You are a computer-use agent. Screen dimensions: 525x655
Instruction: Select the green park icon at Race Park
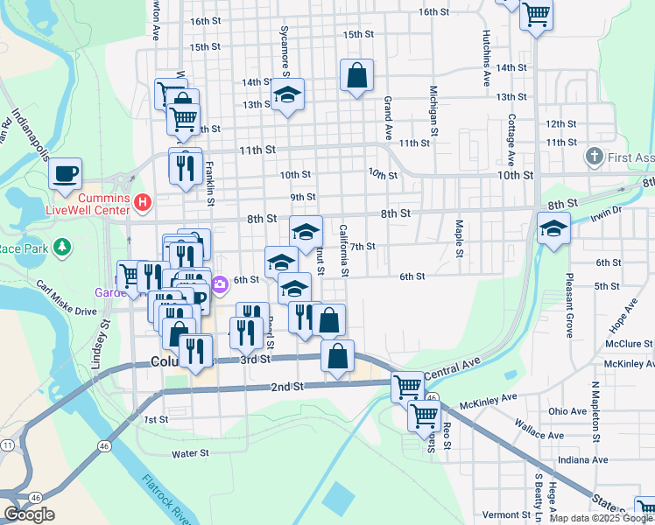point(62,249)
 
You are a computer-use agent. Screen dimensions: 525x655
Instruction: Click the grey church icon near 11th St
point(594,157)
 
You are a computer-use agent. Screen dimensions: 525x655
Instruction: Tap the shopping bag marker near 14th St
point(357,76)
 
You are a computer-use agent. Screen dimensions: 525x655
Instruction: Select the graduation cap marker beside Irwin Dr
point(553,230)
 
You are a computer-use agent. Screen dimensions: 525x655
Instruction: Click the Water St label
point(191,453)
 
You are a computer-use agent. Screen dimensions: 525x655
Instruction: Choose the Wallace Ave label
point(540,435)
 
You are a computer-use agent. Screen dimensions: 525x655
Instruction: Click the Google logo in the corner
point(29,514)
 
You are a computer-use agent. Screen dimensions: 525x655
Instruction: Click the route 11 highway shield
point(7,446)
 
